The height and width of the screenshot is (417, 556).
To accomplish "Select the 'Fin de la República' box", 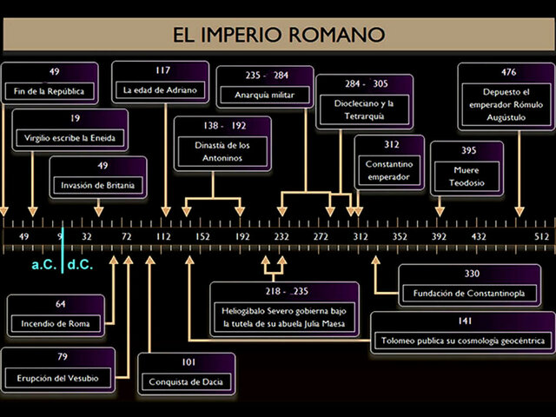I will (54, 83).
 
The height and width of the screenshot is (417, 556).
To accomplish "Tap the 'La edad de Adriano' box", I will (161, 82).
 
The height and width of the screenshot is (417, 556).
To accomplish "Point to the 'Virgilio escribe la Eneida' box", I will (70, 130).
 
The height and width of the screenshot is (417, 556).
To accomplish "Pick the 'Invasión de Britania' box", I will (98, 177).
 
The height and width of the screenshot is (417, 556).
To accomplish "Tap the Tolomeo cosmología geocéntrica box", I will (463, 333).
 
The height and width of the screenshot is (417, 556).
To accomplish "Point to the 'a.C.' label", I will (43, 264).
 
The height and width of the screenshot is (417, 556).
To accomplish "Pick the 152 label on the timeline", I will (202, 236).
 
